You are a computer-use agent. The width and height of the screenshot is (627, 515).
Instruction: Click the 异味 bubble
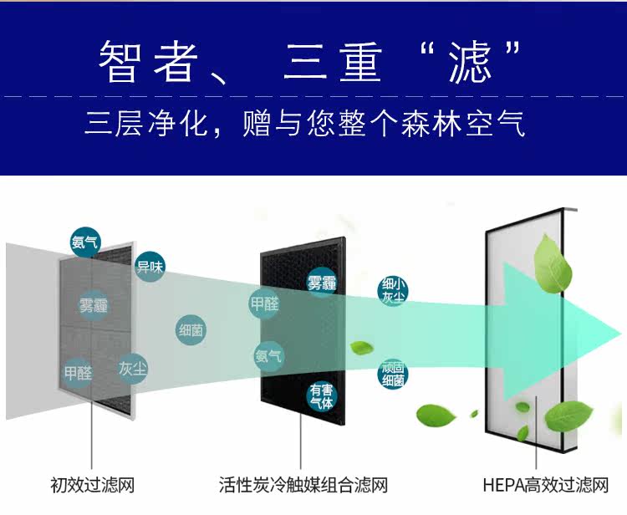[150, 267]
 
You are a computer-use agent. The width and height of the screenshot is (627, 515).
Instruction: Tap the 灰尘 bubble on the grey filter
[132, 368]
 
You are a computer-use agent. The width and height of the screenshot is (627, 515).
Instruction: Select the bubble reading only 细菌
[191, 330]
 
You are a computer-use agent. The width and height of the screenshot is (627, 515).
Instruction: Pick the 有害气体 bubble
[321, 395]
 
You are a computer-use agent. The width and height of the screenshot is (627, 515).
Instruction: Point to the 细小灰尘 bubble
[394, 290]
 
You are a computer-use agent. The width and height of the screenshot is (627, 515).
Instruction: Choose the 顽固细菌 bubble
[393, 374]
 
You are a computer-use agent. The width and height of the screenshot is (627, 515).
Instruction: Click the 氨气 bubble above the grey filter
[84, 242]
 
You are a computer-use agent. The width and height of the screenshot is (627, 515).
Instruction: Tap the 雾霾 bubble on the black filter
[321, 283]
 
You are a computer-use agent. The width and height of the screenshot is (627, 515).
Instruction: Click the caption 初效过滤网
[92, 485]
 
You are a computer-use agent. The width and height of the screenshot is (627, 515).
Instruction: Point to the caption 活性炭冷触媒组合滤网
[303, 485]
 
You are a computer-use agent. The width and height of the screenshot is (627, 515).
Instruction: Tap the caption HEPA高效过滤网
[534, 485]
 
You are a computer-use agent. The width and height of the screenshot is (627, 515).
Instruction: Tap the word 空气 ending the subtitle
[499, 125]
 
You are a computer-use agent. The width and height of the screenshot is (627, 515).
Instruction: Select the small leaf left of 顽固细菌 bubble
[362, 348]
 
